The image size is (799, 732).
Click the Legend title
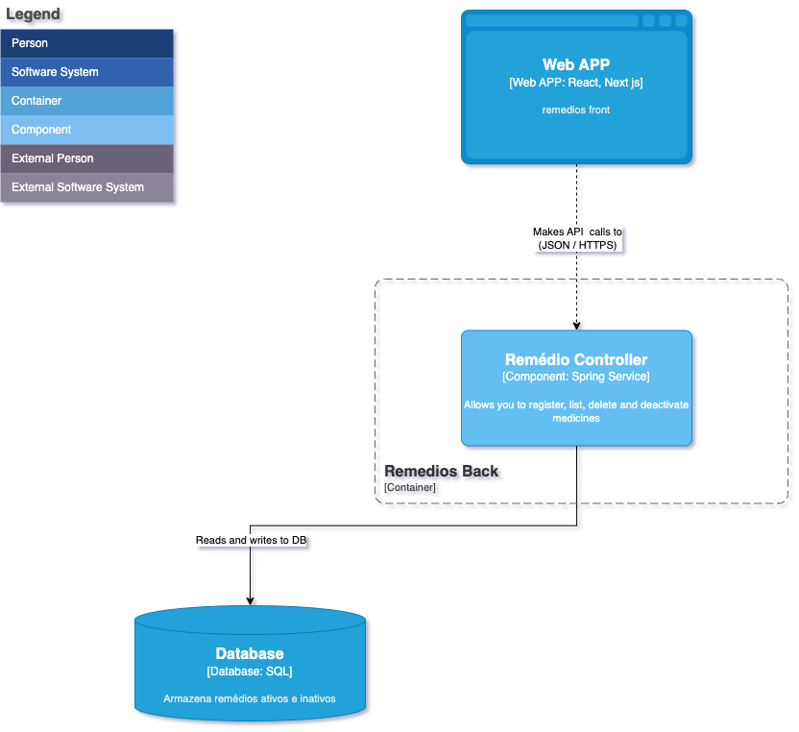[x=34, y=14]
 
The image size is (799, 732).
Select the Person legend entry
[x=87, y=43]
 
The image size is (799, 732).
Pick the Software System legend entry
[x=87, y=72]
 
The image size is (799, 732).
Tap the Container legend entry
[x=87, y=101]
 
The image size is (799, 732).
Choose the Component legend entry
[x=87, y=130]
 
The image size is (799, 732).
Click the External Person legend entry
[x=87, y=159]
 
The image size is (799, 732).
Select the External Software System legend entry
[x=87, y=187]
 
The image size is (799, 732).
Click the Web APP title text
[x=576, y=65]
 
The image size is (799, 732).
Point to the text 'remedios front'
[x=576, y=110]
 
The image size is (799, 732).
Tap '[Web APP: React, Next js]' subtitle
[x=576, y=84]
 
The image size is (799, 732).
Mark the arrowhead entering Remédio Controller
[x=576, y=325]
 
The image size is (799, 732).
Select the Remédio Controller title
[x=576, y=360]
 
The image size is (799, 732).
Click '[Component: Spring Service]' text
[x=576, y=377]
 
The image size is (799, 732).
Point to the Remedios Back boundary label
[x=442, y=472]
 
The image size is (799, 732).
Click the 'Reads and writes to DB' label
[x=251, y=540]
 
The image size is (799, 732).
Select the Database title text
[x=250, y=654]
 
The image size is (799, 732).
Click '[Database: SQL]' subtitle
[x=250, y=671]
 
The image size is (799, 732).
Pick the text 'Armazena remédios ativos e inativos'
[x=250, y=698]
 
